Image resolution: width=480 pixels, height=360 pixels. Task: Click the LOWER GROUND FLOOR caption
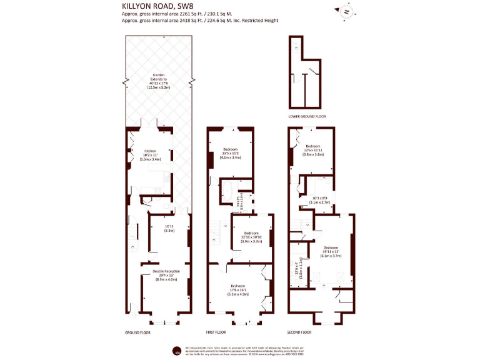click(306, 116)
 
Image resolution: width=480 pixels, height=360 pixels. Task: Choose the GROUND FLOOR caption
click(137, 332)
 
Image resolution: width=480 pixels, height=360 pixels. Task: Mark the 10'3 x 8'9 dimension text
click(319, 201)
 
